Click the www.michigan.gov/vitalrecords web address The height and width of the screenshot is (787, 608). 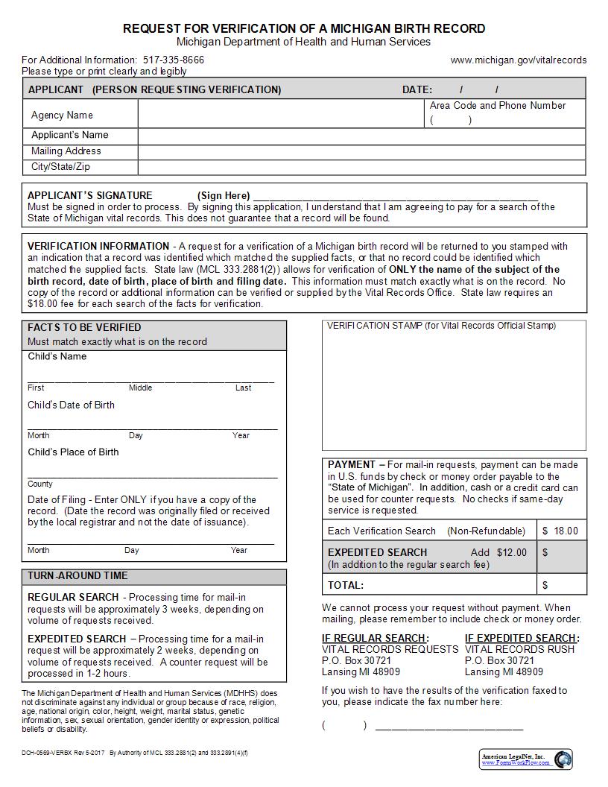click(519, 60)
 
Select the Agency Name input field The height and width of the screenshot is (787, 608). click(281, 115)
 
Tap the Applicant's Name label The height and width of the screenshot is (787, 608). click(69, 136)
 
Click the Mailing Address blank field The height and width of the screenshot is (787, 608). click(361, 151)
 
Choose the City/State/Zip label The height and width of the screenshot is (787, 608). click(60, 167)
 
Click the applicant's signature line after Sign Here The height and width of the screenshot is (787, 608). click(395, 196)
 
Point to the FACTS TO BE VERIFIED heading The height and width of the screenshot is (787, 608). click(84, 327)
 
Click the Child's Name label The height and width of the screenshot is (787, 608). click(57, 356)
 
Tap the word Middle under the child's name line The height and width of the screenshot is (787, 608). click(140, 388)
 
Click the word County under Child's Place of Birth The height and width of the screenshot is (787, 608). click(40, 484)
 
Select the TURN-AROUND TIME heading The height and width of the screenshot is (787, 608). click(77, 576)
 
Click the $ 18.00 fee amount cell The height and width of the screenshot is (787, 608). click(560, 531)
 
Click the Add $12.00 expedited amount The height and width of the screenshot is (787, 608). click(498, 552)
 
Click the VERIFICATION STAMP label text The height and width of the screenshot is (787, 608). click(441, 326)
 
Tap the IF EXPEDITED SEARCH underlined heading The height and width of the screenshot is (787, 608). click(521, 638)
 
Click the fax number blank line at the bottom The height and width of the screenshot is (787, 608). click(449, 726)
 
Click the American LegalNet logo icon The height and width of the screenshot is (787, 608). click(563, 759)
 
